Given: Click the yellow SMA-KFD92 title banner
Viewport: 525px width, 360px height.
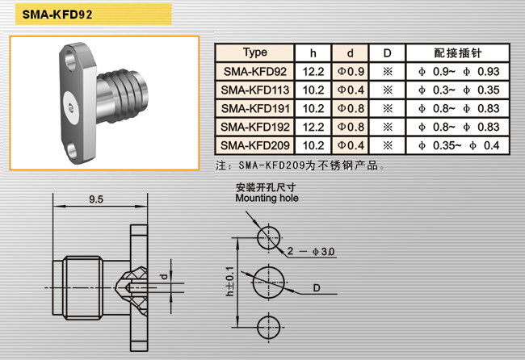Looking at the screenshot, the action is [94, 14].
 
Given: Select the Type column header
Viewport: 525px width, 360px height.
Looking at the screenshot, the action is [254, 52].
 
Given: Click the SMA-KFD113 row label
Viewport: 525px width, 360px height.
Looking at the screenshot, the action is [254, 90].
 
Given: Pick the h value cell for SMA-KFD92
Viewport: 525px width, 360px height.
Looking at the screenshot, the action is [313, 71].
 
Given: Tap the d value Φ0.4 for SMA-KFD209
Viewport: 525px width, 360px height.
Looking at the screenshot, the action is [351, 145].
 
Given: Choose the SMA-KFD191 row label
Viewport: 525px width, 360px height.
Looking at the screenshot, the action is [254, 108].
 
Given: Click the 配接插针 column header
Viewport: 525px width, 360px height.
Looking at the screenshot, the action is [458, 52].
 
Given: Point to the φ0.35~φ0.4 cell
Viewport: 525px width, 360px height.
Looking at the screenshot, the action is [458, 145].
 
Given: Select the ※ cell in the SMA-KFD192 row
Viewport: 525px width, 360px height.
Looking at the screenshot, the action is [388, 127].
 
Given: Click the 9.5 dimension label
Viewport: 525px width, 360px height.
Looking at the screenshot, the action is [96, 199].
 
